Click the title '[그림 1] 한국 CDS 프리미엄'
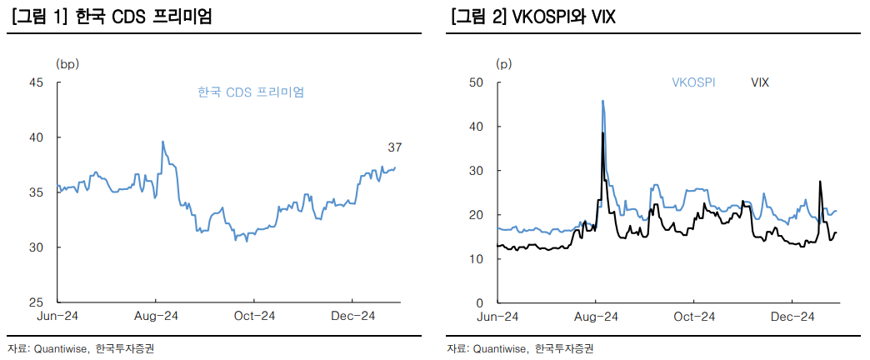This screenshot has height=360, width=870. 112,17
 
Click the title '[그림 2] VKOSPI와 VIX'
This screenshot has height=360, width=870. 532,17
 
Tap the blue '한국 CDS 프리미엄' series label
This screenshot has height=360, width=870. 251,92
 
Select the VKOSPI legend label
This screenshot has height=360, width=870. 693,82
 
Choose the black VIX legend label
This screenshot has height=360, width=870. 759,82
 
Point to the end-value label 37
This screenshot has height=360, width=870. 395,147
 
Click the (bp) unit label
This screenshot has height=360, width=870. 67,62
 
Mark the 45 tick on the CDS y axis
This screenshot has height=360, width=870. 37,82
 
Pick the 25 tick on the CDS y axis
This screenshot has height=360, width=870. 37,302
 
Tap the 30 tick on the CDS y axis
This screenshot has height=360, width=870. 37,247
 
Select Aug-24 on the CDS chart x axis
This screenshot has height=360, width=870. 156,316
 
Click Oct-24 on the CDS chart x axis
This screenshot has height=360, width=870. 254,316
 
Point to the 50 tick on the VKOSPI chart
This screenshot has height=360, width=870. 476,82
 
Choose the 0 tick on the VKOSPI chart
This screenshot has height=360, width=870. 480,302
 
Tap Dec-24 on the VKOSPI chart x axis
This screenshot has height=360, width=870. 792,316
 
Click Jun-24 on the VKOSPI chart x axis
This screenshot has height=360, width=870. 497,316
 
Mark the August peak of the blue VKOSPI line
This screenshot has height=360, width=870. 602,102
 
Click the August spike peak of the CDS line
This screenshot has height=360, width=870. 162,142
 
